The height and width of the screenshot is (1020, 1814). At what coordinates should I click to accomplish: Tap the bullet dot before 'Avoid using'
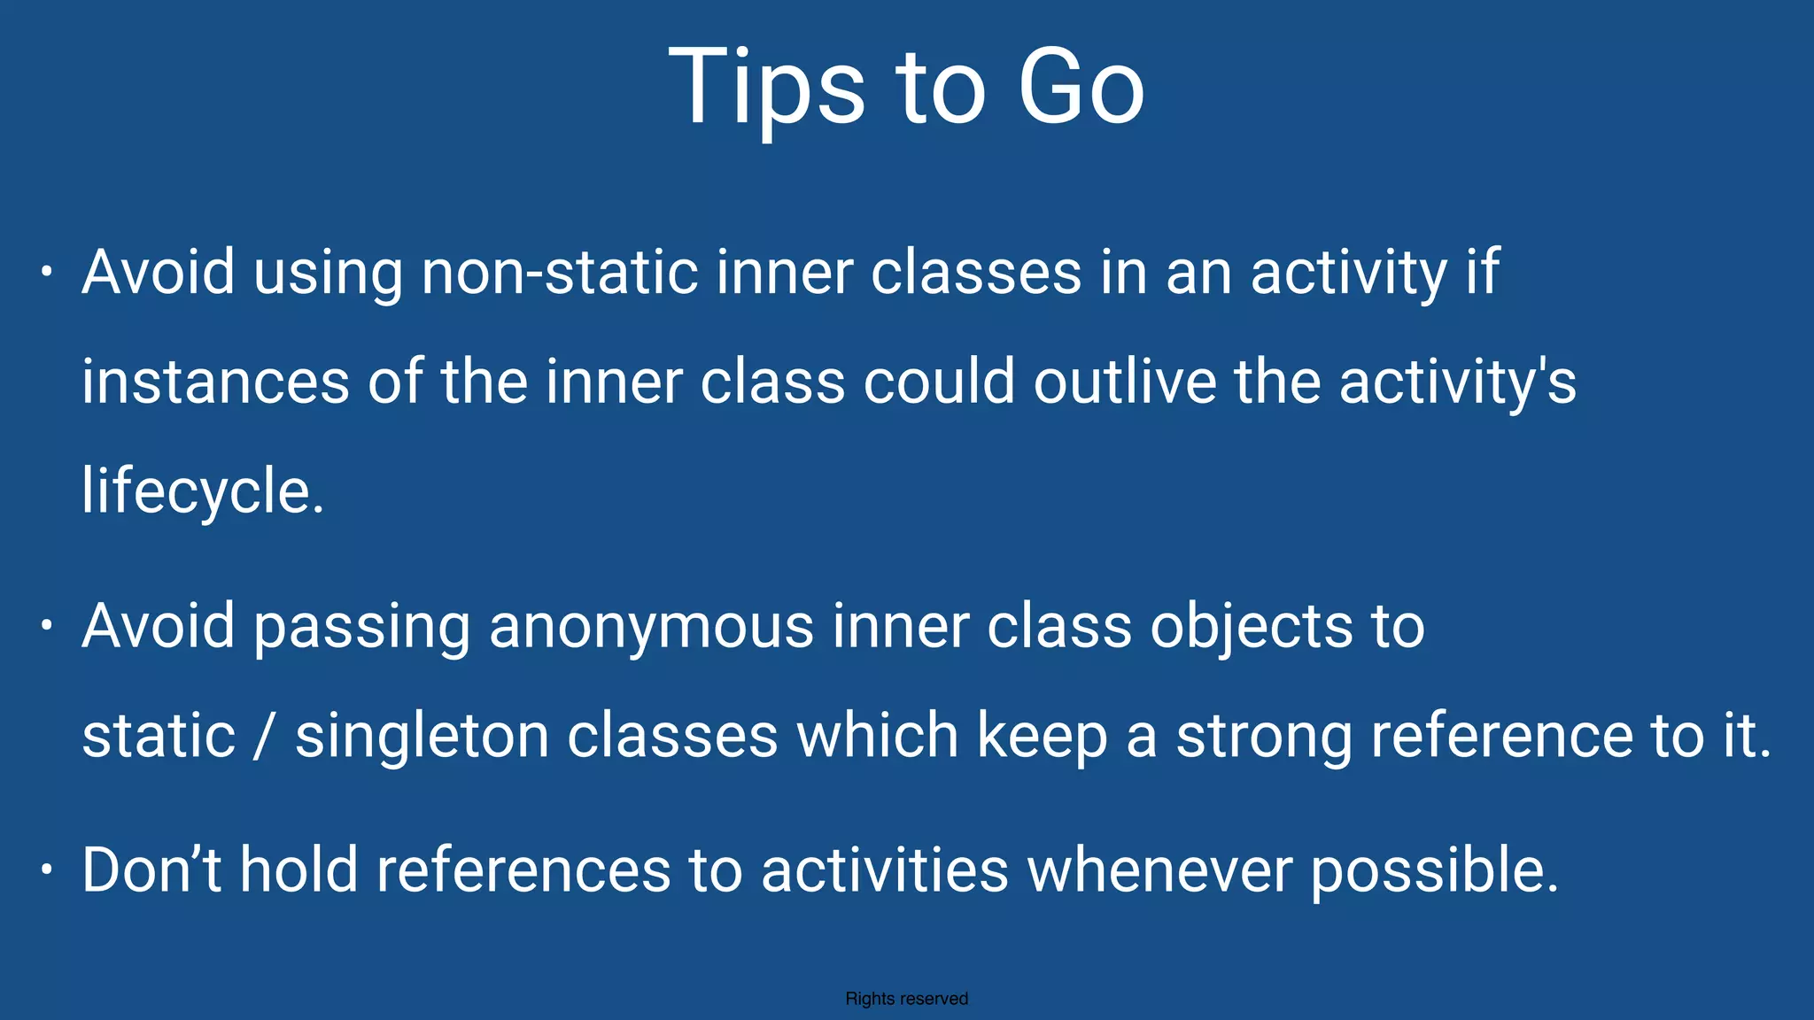coord(47,272)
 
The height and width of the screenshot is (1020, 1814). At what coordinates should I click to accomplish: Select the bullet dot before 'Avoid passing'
coord(47,626)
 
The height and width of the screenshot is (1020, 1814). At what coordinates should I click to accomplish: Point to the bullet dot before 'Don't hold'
coord(47,869)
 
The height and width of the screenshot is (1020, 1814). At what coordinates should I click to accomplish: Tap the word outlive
coord(1125,382)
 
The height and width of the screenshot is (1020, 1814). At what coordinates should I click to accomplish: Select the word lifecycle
coord(202,491)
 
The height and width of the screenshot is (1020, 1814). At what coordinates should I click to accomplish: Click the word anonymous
coord(651,626)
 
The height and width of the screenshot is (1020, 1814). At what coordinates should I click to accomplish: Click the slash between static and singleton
coord(261,737)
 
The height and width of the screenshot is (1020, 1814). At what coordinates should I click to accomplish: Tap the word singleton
coord(422,737)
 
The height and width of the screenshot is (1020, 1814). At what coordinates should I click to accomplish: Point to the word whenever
coord(1159,869)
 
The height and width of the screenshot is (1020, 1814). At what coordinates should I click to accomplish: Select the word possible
coord(1433,869)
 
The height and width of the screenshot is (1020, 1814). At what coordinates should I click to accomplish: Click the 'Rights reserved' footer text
coord(906,999)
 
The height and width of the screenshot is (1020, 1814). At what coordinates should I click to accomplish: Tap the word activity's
coord(1457,382)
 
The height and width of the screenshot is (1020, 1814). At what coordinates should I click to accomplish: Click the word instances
coord(215,382)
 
